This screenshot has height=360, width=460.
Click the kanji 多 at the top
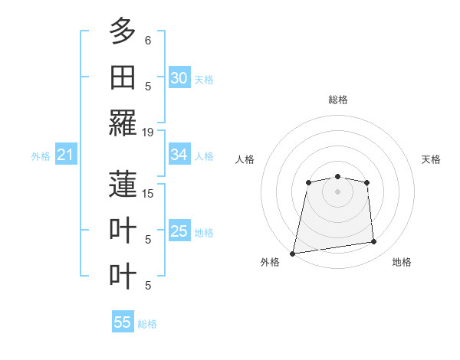point(123,31)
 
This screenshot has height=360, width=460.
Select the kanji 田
point(123,77)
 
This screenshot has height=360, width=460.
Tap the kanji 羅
point(123,123)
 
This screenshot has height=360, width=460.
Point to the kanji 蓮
point(123,184)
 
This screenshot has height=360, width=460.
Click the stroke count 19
point(148,132)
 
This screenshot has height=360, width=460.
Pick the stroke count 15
point(148,193)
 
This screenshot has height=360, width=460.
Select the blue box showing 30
point(179,78)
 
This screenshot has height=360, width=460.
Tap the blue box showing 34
point(179,155)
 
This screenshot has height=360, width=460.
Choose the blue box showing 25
point(179,231)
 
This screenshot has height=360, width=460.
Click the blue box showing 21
point(66,155)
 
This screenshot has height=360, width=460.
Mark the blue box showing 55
point(123,322)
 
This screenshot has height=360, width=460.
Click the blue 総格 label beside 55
point(147,324)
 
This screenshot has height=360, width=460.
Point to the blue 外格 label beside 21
point(41,156)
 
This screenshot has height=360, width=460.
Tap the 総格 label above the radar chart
point(337,100)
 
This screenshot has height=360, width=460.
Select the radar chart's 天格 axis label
point(431,159)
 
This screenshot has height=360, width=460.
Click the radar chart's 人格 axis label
point(245,159)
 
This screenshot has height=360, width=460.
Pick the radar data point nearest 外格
point(292,253)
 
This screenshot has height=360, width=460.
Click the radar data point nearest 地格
point(374,242)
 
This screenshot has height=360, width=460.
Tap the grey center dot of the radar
point(337,191)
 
